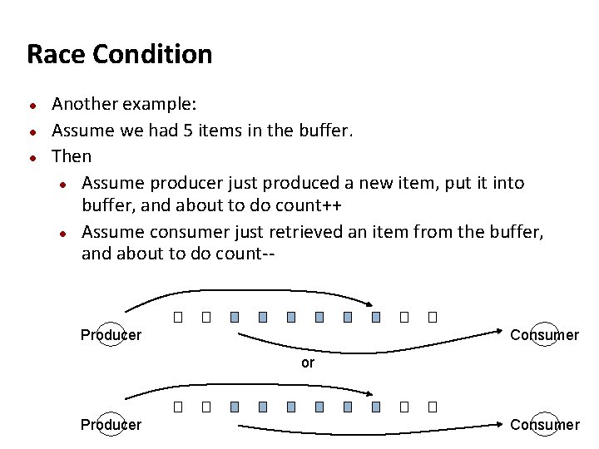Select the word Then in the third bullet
pos(72,156)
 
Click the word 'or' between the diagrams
pos(308,363)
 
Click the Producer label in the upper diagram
pos(111,335)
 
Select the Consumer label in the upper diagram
pos(544,335)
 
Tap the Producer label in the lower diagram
pos(111,425)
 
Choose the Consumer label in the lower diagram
pos(544,425)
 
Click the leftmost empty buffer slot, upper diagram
pos(177,317)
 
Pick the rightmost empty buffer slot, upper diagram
pos(432,317)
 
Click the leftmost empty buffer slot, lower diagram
pos(177,407)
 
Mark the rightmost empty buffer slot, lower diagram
pos(432,407)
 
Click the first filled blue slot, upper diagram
pos(235,317)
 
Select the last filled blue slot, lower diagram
pos(376,407)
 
